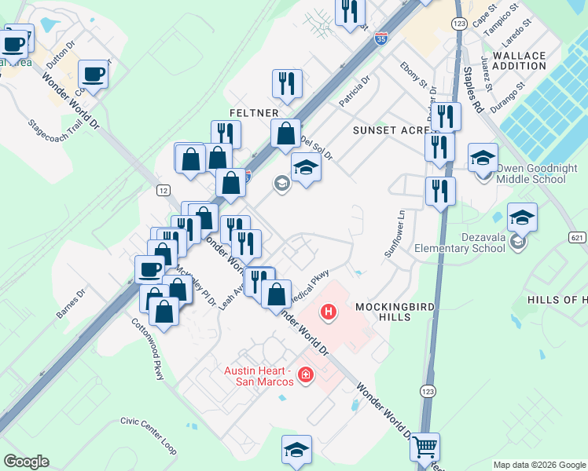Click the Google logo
coord(26,462)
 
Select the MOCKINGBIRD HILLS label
coord(383,311)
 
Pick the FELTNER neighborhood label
coord(253,113)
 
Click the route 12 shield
coord(164,190)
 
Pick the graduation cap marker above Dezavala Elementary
coord(522,217)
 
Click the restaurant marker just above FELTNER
coord(285,83)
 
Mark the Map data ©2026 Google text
coord(539,465)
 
